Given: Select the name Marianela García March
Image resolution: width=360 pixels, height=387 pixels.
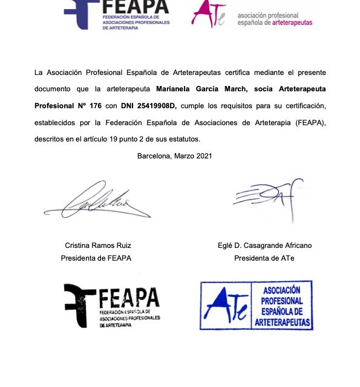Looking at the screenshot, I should (x=198, y=89).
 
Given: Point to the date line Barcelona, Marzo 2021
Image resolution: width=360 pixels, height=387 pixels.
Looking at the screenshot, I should (x=174, y=156).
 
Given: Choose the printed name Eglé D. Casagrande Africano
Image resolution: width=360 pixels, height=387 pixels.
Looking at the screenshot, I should (x=265, y=246).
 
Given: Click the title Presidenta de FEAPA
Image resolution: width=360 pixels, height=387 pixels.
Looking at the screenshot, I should (x=96, y=258).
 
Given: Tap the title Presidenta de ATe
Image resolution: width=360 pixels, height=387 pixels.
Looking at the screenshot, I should (x=265, y=258).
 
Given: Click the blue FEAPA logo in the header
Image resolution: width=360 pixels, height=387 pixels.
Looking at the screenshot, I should (x=118, y=13).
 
